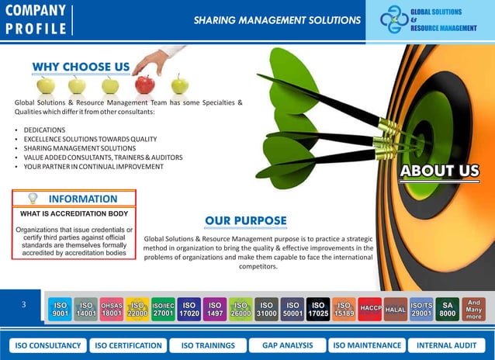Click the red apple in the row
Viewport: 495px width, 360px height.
[x=145, y=84]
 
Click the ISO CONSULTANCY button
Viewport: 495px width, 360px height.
[x=47, y=345]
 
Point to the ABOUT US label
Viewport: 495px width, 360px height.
[x=439, y=171]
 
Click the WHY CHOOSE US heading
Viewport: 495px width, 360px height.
[x=81, y=67]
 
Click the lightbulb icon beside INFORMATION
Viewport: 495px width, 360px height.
[x=33, y=199]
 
